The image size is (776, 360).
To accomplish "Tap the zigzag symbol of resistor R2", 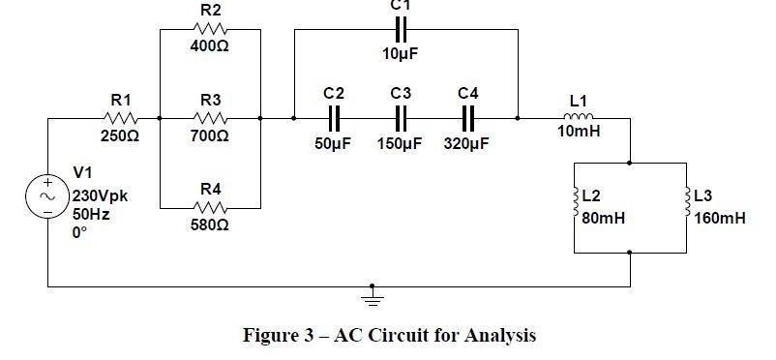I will click(x=210, y=29).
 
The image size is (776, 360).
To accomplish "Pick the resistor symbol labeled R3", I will click(x=210, y=119).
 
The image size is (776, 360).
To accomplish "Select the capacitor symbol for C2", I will click(x=334, y=119).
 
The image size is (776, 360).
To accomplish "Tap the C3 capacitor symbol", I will click(x=402, y=119).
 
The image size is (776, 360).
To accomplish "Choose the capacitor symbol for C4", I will click(x=468, y=119).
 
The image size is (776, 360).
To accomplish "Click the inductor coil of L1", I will click(x=579, y=118).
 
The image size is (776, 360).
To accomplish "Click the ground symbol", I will click(x=370, y=296).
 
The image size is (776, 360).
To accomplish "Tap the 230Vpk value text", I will click(x=101, y=196).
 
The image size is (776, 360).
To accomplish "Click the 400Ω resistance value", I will click(x=210, y=46).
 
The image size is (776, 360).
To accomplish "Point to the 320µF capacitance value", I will click(x=467, y=144).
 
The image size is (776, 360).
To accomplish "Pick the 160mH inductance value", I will click(x=720, y=219).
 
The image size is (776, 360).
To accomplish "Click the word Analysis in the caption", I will click(x=498, y=336).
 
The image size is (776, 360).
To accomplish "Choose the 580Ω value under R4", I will click(x=210, y=225).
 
